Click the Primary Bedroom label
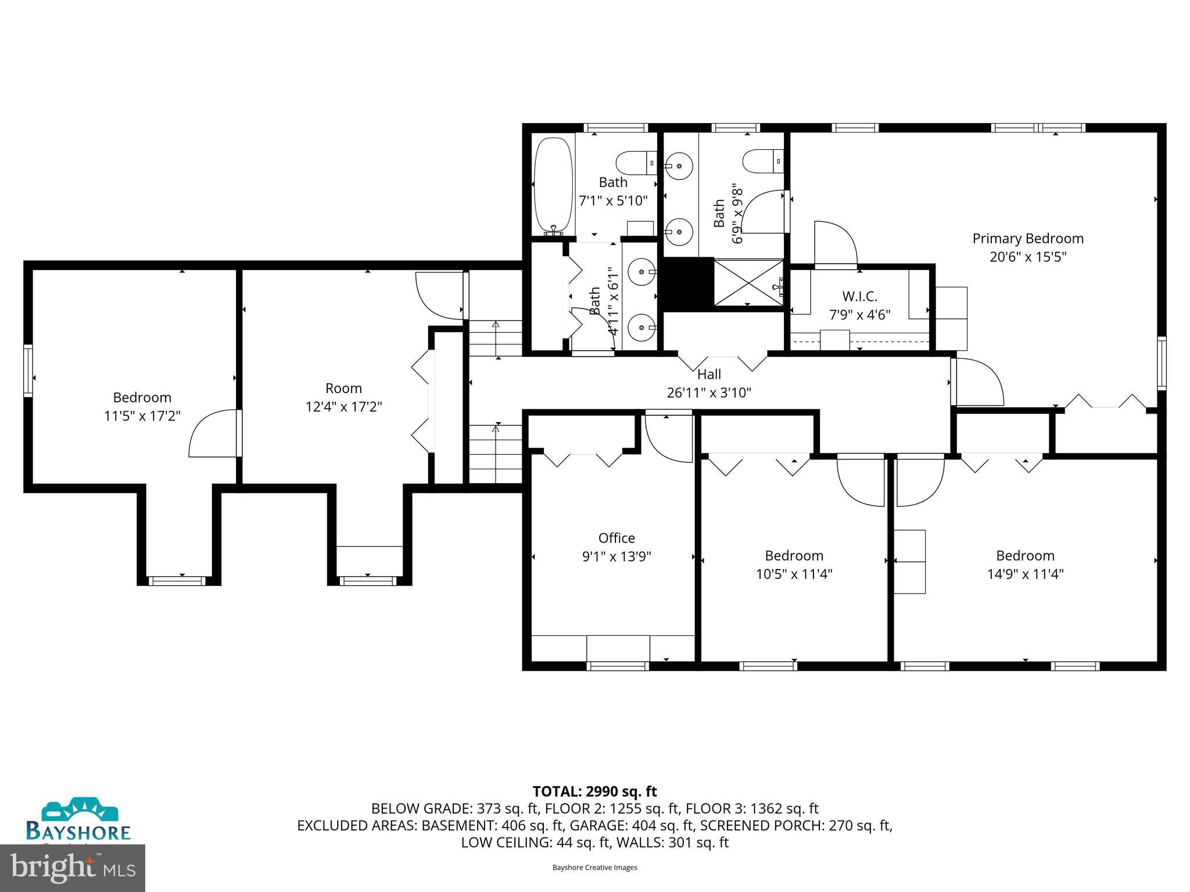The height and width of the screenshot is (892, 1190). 1027,239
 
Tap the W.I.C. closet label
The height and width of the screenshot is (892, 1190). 859,297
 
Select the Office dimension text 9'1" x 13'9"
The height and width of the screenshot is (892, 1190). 616,556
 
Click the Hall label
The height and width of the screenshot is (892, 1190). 709,375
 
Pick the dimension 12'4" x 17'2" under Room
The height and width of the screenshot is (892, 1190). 343,407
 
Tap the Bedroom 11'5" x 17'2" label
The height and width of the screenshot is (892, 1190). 142,398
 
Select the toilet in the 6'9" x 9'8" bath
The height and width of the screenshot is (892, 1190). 762,160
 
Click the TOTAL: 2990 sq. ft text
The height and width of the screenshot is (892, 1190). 594,792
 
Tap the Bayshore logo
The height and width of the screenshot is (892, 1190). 78,819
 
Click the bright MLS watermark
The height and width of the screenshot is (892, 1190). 73,868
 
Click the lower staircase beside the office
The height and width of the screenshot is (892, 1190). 496,454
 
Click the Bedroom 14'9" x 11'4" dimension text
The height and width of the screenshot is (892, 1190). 1025,574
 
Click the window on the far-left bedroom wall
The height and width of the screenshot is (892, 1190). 28,371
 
